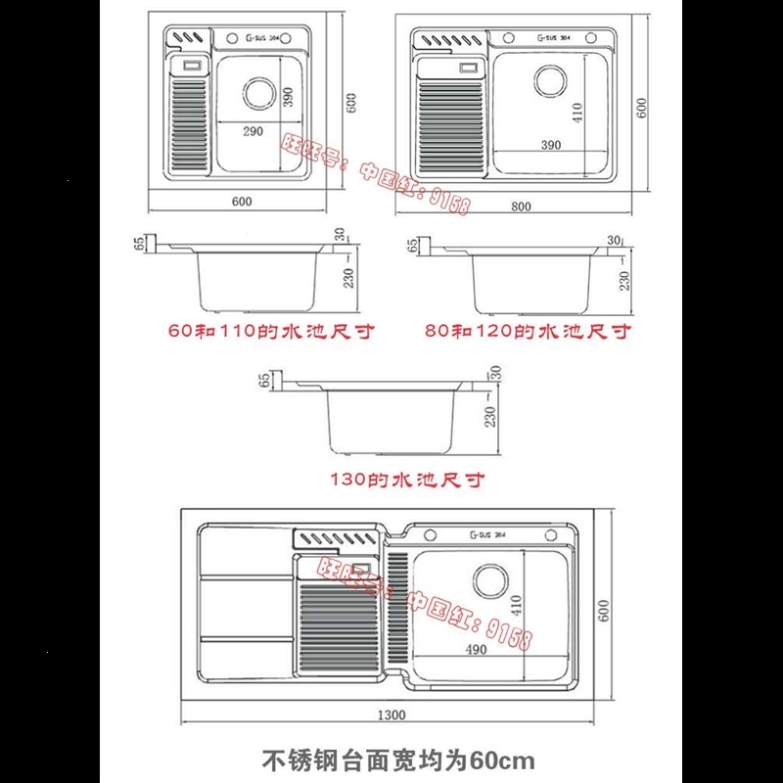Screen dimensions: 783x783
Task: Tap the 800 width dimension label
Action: pyautogui.click(x=521, y=207)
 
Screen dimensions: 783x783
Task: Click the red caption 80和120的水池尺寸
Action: pyautogui.click(x=528, y=331)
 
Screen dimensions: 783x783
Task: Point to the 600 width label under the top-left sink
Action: pyautogui.click(x=243, y=202)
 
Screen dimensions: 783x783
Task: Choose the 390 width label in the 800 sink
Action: pyautogui.click(x=550, y=145)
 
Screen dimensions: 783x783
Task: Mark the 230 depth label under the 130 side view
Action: pyautogui.click(x=489, y=416)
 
